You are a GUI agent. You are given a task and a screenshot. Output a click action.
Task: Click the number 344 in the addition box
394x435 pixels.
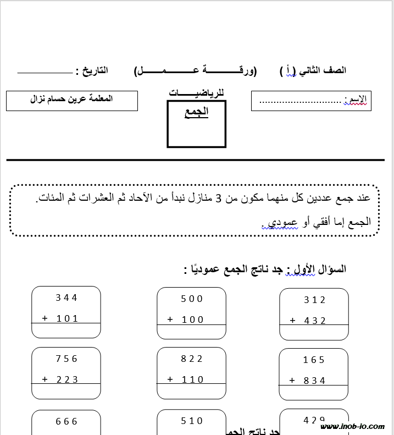[x=66, y=298]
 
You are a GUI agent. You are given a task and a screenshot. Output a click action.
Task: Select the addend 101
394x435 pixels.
[x=67, y=318]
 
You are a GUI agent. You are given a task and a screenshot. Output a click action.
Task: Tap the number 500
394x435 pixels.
[x=192, y=299]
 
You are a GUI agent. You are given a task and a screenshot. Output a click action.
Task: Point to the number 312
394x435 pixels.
[x=314, y=300]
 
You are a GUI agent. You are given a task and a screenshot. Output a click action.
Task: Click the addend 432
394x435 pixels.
[x=315, y=321]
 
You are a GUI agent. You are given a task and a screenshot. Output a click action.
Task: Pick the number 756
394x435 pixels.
[x=67, y=359]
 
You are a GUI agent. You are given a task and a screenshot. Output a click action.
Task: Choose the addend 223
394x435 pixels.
[x=67, y=379]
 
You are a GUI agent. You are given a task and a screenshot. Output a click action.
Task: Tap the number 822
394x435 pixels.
[x=192, y=359]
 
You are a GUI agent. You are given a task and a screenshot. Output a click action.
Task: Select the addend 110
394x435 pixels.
[x=192, y=379]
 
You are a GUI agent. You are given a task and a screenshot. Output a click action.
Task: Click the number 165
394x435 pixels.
[x=314, y=360]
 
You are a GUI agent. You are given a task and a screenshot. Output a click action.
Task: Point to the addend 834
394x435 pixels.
[x=315, y=381]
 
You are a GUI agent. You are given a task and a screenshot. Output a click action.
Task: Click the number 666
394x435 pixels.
[x=67, y=422]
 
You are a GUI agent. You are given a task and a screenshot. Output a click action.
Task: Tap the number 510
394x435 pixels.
[x=192, y=421]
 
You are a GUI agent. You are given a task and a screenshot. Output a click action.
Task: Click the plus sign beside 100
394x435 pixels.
[x=170, y=320]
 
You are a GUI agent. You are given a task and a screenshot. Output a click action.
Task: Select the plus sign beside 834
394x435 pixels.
[x=292, y=381]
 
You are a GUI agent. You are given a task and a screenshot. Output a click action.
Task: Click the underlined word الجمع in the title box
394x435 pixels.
[x=196, y=113]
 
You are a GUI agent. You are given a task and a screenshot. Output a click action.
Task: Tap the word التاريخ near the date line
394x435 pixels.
[x=92, y=71]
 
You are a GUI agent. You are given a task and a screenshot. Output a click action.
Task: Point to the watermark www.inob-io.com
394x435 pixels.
[x=354, y=427]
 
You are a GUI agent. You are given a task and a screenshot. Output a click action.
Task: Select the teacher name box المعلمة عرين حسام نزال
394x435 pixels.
[x=72, y=100]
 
